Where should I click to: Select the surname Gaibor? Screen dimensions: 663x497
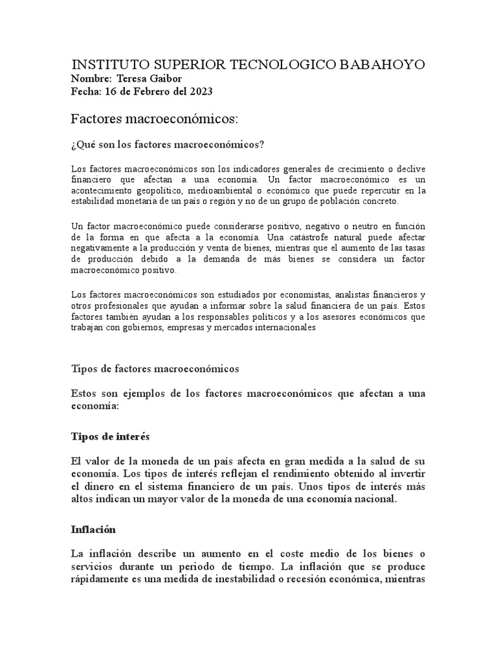click(167, 79)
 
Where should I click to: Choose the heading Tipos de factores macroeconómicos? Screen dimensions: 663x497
click(155, 368)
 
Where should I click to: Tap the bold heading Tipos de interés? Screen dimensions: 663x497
click(110, 437)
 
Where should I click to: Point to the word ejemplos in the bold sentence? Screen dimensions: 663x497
click(137, 394)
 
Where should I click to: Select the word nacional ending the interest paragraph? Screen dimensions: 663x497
click(371, 499)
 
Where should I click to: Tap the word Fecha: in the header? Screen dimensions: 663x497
click(85, 91)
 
